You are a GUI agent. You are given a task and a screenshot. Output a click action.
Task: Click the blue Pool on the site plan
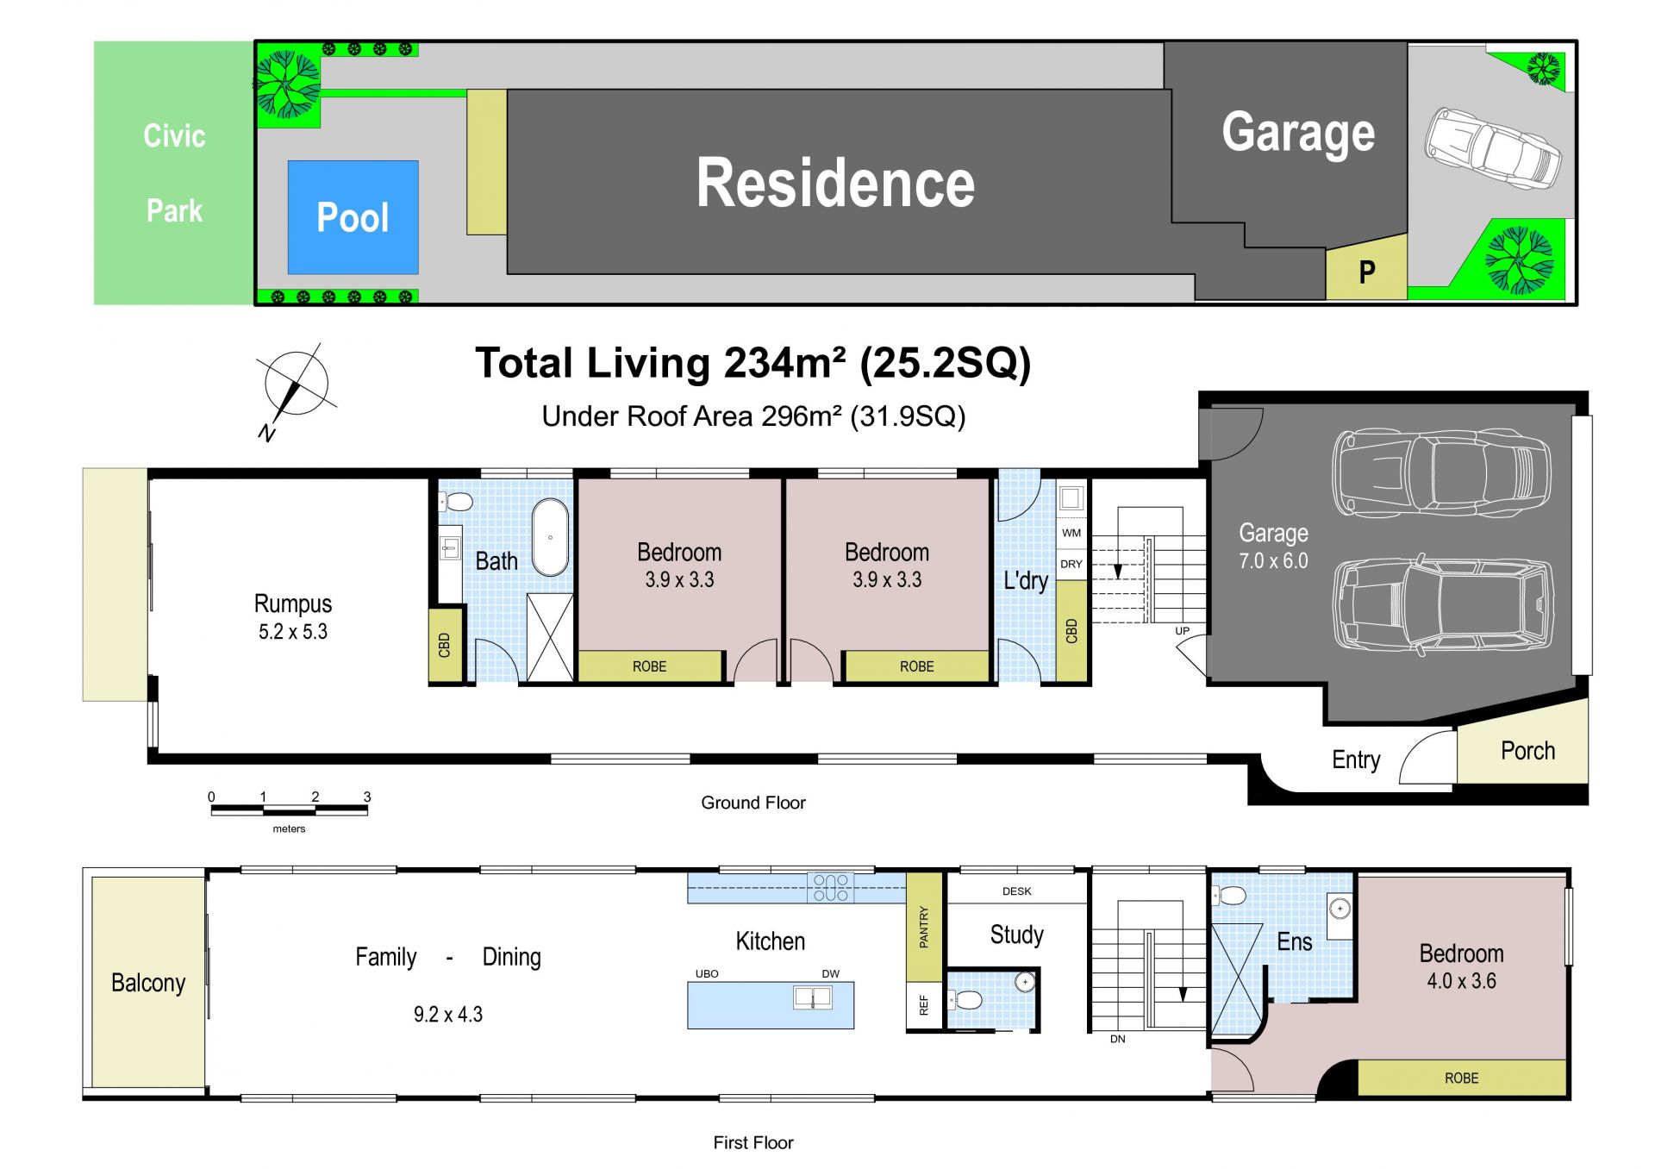353,217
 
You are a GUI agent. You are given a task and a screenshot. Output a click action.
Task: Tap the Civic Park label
174,173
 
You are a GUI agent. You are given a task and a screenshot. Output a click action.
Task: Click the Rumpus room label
293,616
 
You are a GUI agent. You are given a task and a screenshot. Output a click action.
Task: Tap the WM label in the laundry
1071,533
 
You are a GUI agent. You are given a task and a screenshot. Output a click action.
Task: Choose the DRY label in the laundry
1071,564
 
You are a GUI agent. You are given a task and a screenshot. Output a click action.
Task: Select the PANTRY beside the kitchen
925,927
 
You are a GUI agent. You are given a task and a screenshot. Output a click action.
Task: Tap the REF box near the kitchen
925,1005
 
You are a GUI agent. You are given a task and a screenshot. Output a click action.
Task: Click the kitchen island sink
813,998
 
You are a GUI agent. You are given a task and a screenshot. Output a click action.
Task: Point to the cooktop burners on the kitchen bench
831,888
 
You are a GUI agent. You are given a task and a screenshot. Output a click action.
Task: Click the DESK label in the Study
1017,891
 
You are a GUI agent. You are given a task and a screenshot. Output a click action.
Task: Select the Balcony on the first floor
148,983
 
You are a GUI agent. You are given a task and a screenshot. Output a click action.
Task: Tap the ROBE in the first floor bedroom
1462,1078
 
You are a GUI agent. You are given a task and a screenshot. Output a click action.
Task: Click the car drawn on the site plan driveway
1492,149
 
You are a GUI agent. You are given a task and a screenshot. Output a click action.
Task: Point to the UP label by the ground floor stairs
1183,631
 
